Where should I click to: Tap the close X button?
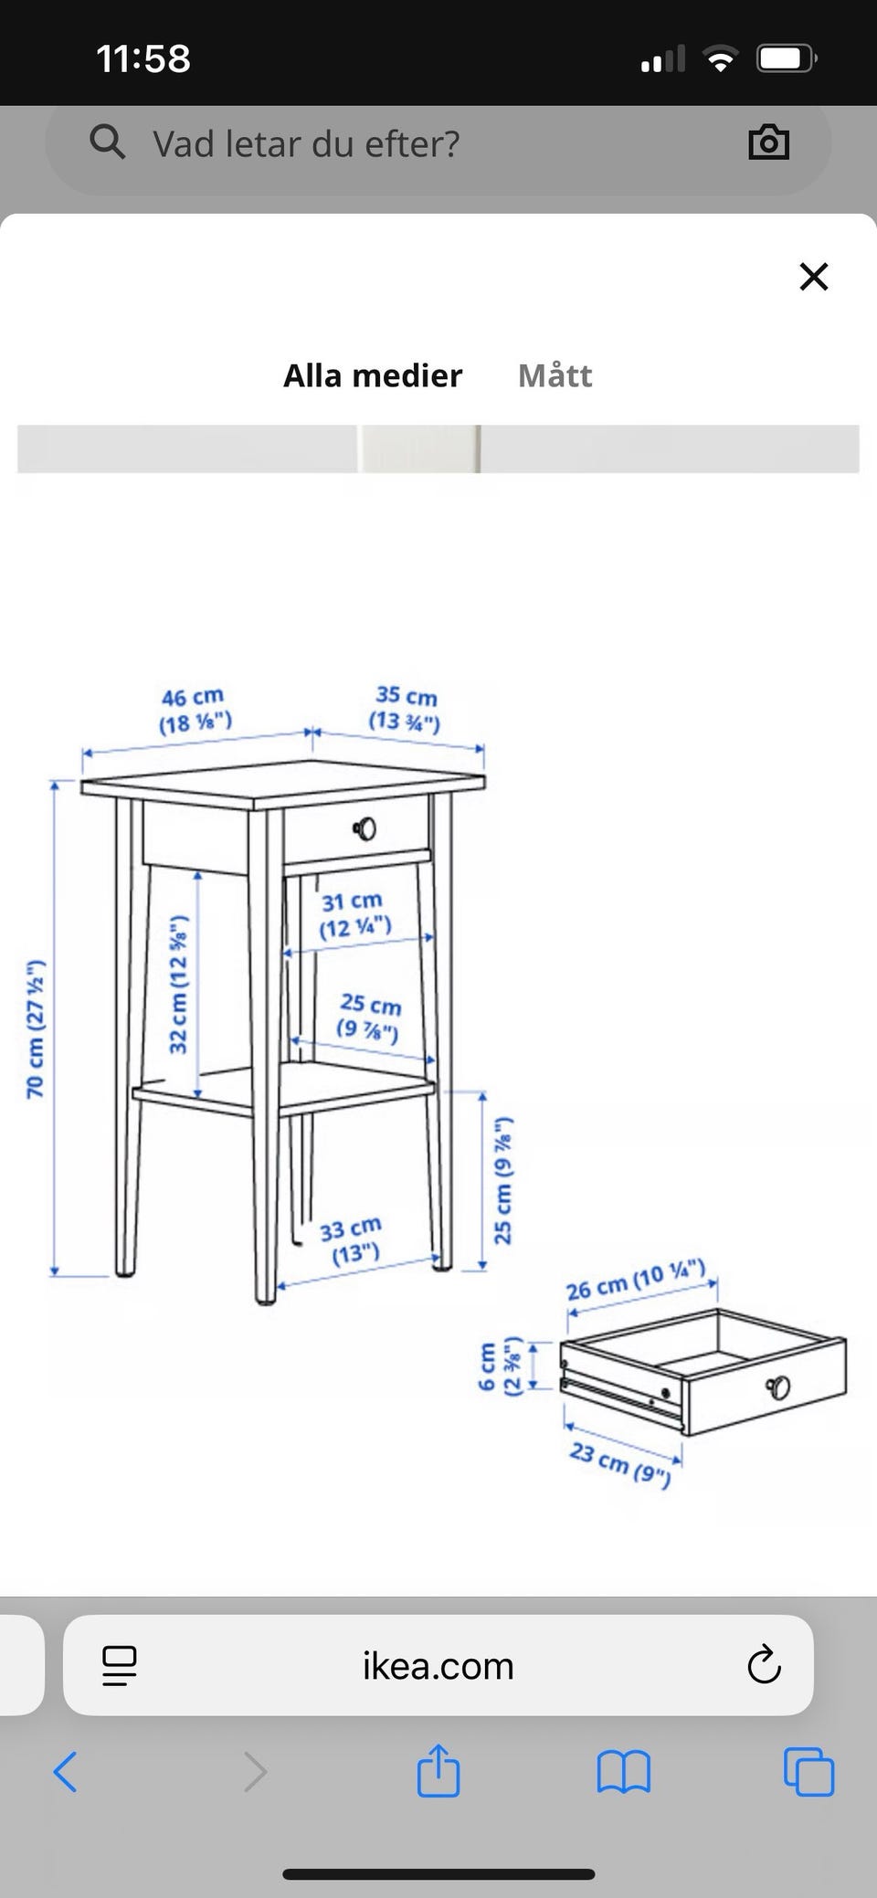pos(813,276)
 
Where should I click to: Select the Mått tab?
pos(555,375)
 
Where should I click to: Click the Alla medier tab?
pos(373,375)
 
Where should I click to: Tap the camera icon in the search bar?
pos(768,142)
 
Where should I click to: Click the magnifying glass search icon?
pos(108,142)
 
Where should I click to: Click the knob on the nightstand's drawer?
pos(365,828)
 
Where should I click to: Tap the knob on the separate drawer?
pos(778,1387)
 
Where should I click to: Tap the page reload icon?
pos(764,1665)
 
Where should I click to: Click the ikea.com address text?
pos(438,1666)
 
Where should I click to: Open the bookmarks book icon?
pos(623,1772)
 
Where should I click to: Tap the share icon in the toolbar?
pos(438,1770)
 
